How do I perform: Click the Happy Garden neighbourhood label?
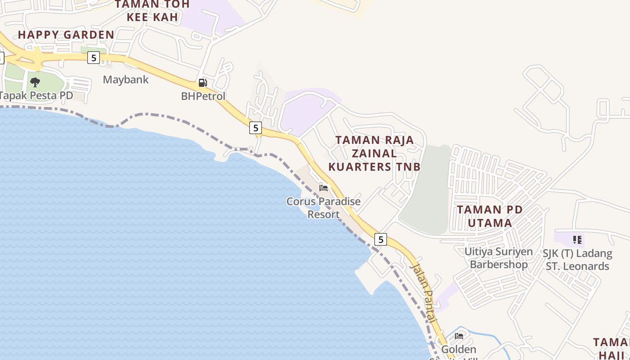coord(66,35)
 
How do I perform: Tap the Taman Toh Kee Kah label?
coord(152,11)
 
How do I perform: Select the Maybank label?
coord(126,80)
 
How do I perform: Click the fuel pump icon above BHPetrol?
coord(203,83)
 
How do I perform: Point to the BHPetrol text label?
coord(203,96)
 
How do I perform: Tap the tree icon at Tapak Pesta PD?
coord(35,82)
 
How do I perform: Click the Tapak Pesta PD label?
coord(36,95)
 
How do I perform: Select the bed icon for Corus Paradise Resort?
coord(324,188)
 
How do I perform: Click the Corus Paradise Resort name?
coord(324,207)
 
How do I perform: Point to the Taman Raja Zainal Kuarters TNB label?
coord(374,153)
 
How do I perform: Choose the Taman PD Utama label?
coord(490,216)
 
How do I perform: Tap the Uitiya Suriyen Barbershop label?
coord(499,258)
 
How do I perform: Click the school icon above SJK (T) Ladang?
coord(577,240)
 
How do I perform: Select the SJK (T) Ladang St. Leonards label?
coord(577,260)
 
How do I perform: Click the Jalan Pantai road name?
coord(423,292)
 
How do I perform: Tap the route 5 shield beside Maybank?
coord(93,57)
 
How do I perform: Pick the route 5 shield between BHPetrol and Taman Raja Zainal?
coord(256,128)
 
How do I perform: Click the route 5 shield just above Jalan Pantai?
coord(381,239)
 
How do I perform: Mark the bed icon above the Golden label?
coord(459,336)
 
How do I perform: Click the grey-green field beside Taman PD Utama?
coord(425,193)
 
